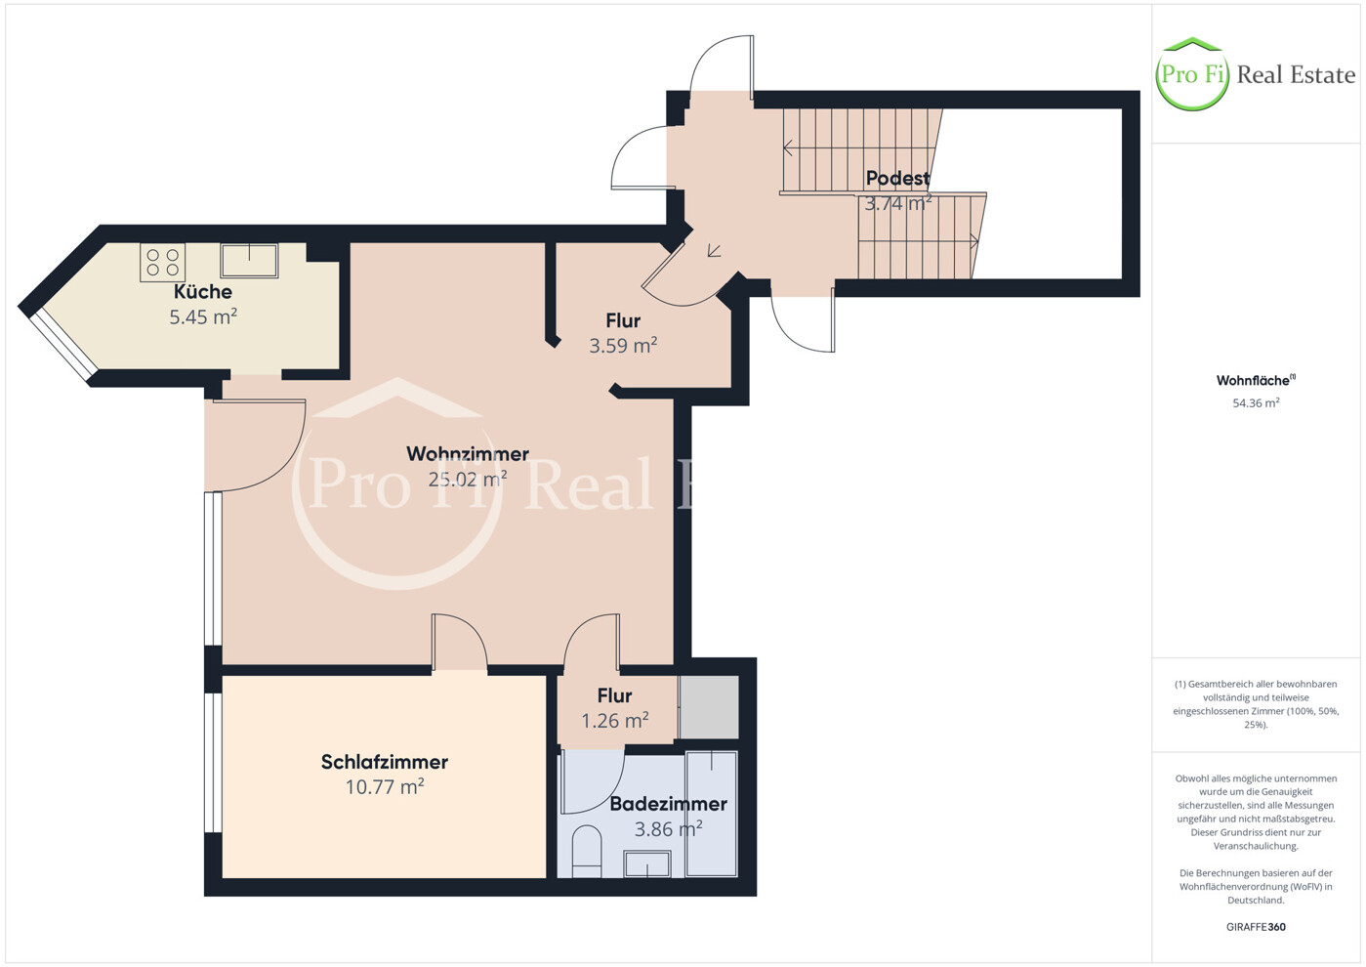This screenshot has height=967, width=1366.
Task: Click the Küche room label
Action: [202, 292]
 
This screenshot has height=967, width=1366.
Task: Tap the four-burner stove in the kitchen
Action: [162, 263]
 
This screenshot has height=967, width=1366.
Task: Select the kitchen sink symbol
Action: [249, 261]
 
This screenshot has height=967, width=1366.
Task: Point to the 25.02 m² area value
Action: [467, 479]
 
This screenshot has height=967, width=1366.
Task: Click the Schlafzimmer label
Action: [384, 762]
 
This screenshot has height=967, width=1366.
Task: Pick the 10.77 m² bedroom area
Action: [384, 787]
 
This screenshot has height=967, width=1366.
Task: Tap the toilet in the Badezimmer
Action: [587, 852]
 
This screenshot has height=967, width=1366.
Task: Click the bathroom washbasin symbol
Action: [647, 863]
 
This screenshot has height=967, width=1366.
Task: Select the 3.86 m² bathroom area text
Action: [669, 829]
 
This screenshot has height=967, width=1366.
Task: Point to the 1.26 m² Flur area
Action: [615, 721]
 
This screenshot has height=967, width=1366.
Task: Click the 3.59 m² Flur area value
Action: [623, 346]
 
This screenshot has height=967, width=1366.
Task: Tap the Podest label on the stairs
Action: [897, 178]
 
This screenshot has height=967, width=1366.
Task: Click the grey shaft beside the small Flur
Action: [709, 706]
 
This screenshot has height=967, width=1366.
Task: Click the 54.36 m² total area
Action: [1256, 402]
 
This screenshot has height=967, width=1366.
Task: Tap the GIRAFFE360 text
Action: [1256, 927]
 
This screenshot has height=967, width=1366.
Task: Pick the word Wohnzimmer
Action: [467, 454]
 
